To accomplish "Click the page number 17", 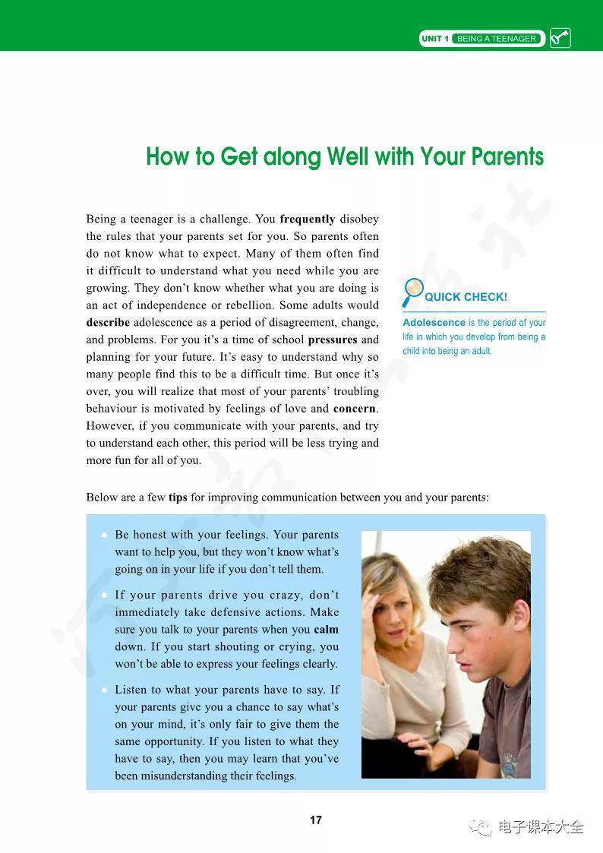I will (316, 820).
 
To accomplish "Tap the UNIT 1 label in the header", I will (435, 39).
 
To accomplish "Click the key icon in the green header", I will (560, 38).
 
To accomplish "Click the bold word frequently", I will (308, 220).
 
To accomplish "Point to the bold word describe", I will (108, 322).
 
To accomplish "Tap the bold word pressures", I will (332, 340).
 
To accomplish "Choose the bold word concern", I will (355, 409).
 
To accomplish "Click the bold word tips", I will (178, 498).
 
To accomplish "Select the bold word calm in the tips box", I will (326, 630).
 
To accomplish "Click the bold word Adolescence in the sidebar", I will (434, 323).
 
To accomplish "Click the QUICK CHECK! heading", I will (466, 297).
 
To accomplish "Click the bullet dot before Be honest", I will (103, 535).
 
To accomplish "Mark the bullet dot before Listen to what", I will (103, 690).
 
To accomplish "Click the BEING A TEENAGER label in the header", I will (497, 39).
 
